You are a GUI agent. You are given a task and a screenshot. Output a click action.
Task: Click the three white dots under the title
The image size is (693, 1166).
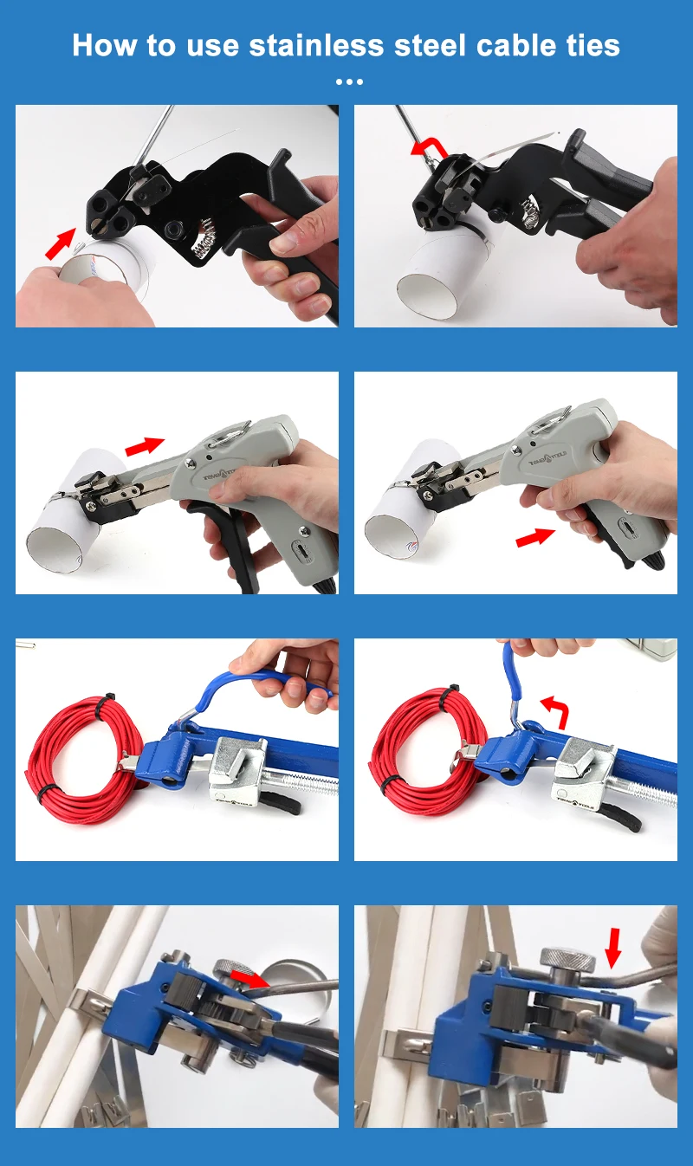pos(348,82)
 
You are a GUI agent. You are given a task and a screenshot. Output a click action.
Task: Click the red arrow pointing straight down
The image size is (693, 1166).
pos(613,947)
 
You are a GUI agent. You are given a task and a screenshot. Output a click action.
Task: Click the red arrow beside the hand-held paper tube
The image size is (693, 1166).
pos(59,244)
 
